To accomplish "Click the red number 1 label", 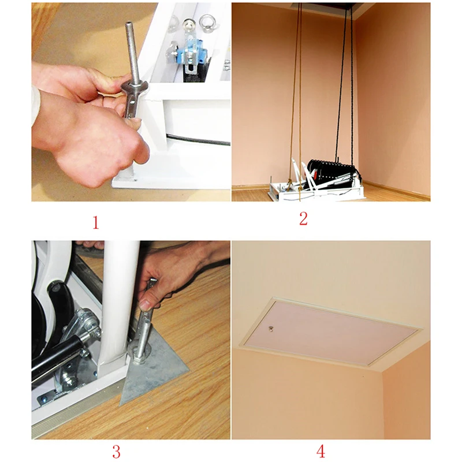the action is pyautogui.click(x=96, y=222).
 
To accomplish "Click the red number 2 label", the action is pyautogui.click(x=303, y=219).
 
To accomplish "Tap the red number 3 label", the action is pyautogui.click(x=117, y=452).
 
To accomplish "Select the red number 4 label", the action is pyautogui.click(x=321, y=452).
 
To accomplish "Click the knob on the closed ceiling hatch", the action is pyautogui.click(x=271, y=328).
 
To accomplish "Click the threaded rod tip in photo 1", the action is pyautogui.click(x=129, y=24).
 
